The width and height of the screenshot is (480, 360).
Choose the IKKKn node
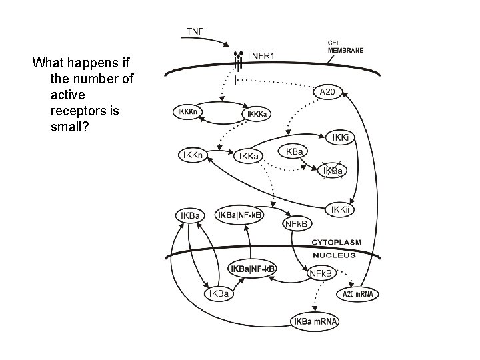pyautogui.click(x=188, y=112)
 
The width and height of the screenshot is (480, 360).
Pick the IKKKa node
pyautogui.click(x=259, y=115)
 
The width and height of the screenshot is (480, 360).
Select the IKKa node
pyautogui.click(x=250, y=156)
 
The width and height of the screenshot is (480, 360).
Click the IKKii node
pyautogui.click(x=341, y=209)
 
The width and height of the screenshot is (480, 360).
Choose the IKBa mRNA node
pyautogui.click(x=315, y=322)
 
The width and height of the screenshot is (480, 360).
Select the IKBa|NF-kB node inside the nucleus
pyautogui.click(x=252, y=269)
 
